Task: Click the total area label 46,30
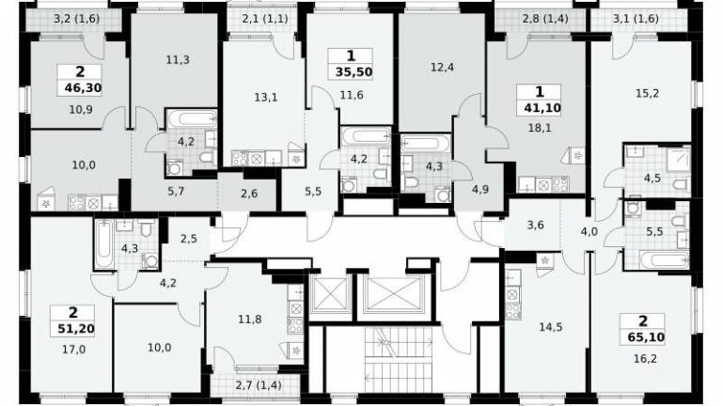84,87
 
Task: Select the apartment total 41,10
542,108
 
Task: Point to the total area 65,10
646,337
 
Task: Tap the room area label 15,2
647,93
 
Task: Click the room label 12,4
442,68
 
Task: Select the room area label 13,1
266,97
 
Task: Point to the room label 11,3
178,59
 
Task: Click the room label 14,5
551,327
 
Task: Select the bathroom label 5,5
654,232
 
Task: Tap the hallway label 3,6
536,226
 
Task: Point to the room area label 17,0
73,350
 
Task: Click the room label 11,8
250,319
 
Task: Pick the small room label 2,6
249,194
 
